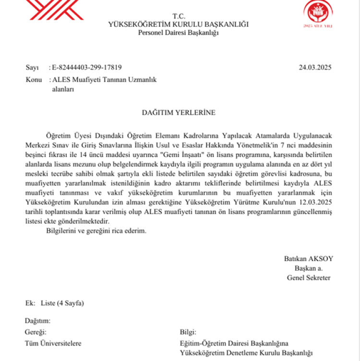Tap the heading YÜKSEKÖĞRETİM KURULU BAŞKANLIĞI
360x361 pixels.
179,24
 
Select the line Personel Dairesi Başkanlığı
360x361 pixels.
179,33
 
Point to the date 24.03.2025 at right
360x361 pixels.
315,68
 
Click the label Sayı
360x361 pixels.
31,68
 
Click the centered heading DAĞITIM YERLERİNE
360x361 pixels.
178,113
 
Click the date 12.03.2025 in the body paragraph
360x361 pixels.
316,204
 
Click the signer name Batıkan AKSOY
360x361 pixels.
308,259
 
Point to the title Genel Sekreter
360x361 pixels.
309,277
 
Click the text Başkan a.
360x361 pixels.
309,268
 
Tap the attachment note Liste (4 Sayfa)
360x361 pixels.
62,303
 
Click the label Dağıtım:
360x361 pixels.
37,321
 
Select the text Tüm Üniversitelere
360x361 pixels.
53,343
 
